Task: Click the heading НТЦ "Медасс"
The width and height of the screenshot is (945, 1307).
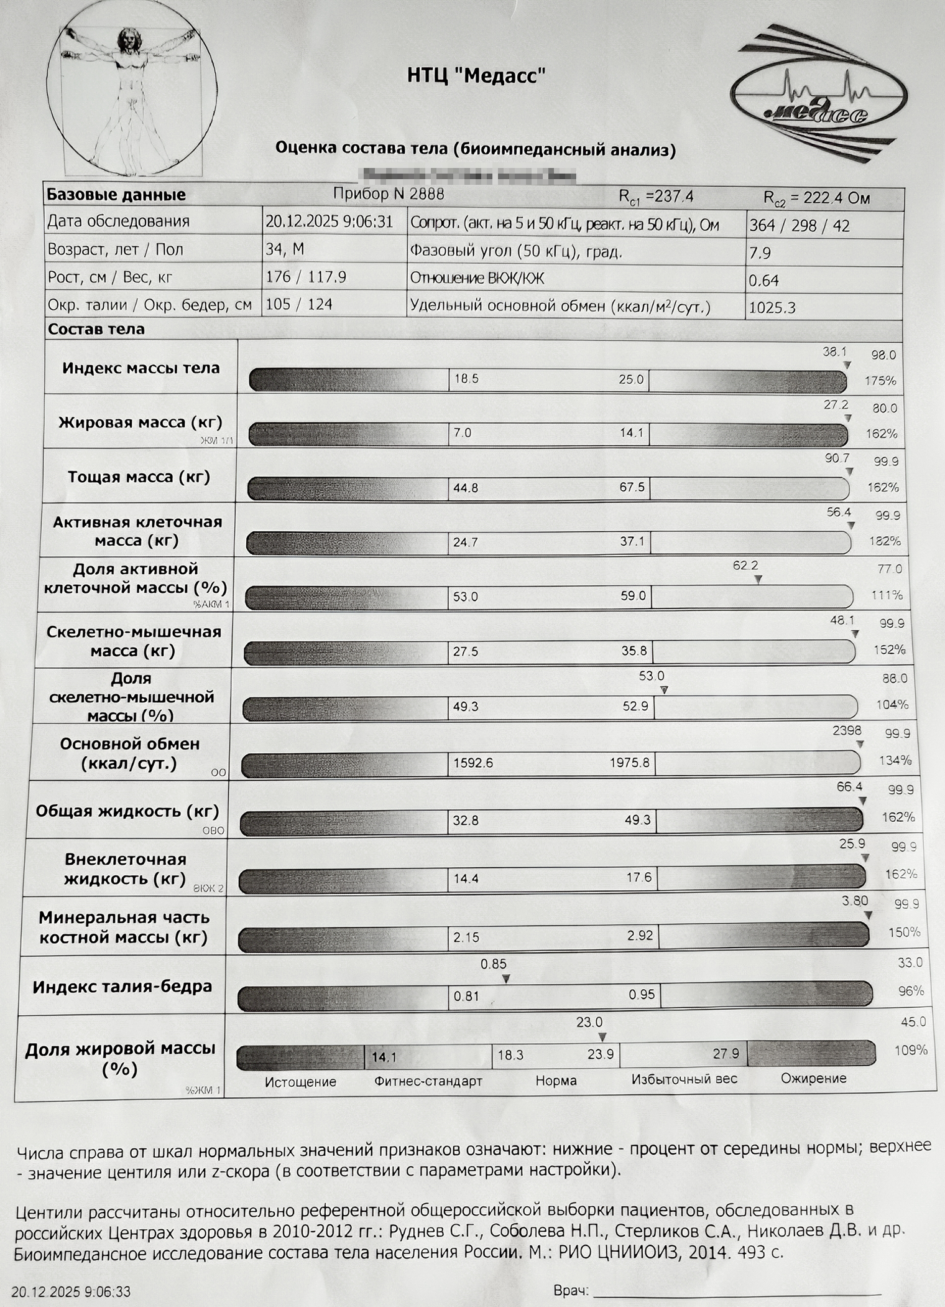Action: pos(476,76)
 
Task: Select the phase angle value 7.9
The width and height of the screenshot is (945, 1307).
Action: pos(760,253)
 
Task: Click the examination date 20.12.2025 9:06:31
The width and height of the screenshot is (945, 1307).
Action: pos(329,222)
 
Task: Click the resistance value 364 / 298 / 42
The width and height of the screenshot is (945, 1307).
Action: pos(799,225)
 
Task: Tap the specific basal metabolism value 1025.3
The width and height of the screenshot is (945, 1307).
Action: pos(772,307)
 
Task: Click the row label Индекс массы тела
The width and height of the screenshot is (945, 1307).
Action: pos(141,368)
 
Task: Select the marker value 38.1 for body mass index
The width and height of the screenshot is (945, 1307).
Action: pos(834,352)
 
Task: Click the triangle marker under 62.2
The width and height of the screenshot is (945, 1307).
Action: pos(758,579)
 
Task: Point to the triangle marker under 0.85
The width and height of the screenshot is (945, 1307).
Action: pos(506,979)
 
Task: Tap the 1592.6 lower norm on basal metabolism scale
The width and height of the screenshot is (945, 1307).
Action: pos(473,763)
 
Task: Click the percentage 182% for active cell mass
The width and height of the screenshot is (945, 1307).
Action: pos(884,541)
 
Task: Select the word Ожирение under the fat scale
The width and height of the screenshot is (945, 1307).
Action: pos(813,1078)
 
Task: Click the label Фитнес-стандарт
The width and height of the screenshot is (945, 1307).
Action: pos(428,1081)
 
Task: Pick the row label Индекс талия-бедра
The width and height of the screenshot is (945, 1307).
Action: pos(122,987)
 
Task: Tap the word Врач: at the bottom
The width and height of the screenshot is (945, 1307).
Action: pos(571,1291)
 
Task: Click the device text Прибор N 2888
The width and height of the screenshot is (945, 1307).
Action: pos(388,194)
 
